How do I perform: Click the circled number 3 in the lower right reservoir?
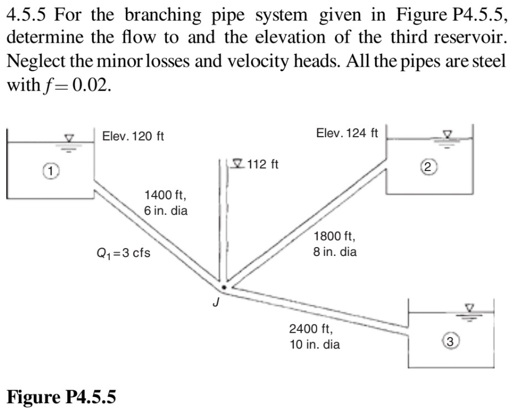(x=451, y=341)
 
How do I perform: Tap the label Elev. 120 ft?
(x=133, y=136)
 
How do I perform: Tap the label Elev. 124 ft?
(x=347, y=133)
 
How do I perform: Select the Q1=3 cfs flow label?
(x=123, y=253)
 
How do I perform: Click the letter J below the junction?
(x=218, y=303)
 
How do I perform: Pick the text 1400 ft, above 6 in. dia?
(x=165, y=195)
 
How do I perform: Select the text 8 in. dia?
(x=335, y=252)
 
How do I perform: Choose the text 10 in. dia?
(x=315, y=344)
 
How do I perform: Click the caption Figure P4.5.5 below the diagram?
(x=62, y=396)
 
